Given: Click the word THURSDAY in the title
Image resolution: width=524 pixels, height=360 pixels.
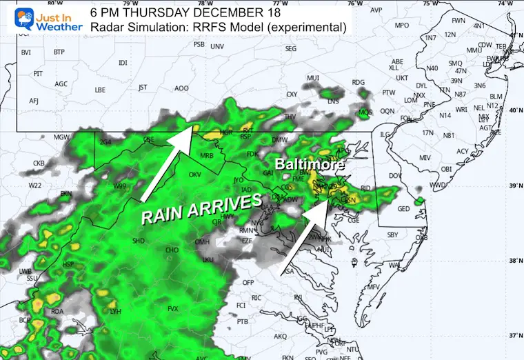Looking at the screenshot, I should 160,12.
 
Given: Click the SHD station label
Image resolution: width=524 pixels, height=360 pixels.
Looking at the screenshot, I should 138,241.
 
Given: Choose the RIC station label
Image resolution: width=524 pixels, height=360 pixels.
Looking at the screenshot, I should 254,297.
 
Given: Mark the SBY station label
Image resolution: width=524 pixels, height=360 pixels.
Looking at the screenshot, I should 394,235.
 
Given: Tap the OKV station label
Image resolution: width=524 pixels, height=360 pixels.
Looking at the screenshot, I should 194,175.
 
